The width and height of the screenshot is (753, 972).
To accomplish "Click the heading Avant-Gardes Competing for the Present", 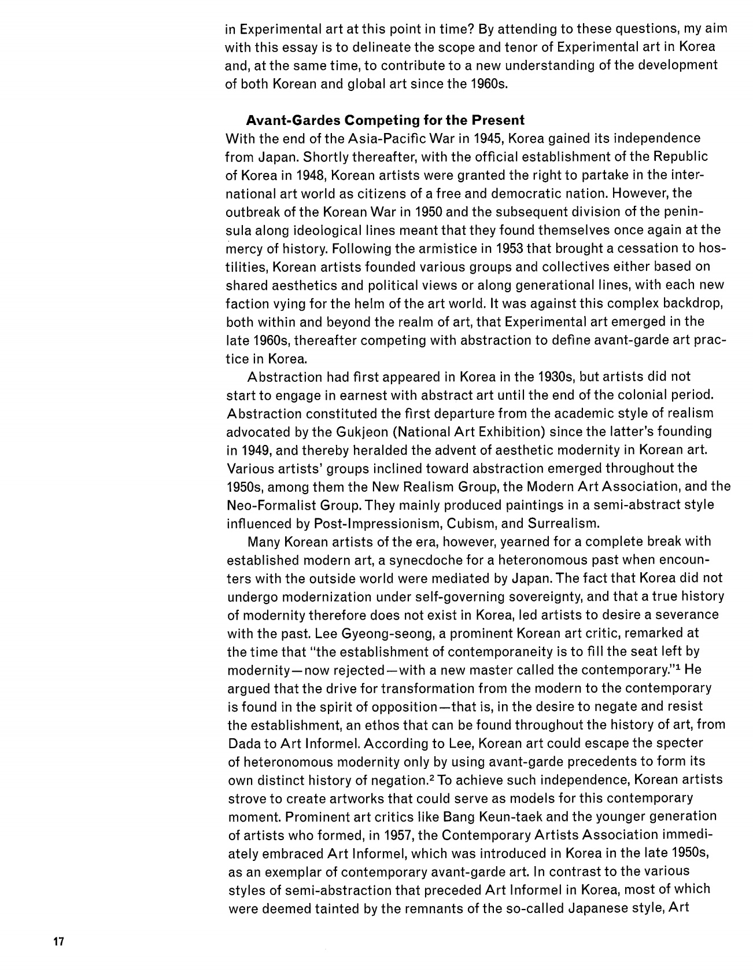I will (385, 120).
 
